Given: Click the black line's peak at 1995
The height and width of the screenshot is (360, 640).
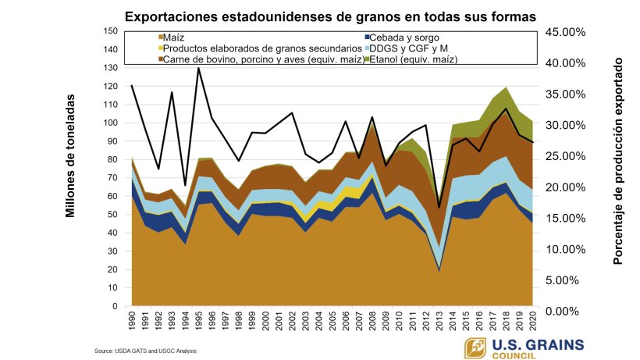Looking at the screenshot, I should tap(198, 69).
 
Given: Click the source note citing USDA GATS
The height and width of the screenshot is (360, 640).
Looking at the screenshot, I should tap(146, 351).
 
